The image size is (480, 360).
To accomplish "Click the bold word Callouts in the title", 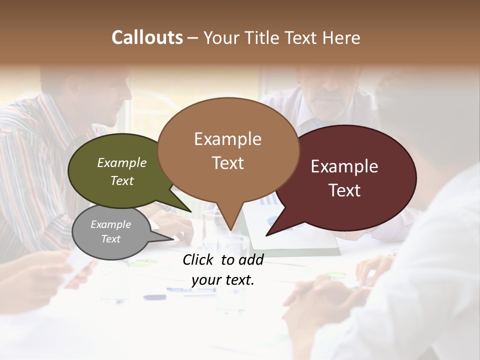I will pos(147,37).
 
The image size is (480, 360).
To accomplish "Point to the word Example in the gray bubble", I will pos(110,224).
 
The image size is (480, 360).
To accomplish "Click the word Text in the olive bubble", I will pos(122,180).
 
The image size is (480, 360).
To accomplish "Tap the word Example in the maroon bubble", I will pos(344,166).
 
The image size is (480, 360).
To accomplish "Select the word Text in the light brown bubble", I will pos(228,163).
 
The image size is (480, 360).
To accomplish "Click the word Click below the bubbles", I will pos(200,259).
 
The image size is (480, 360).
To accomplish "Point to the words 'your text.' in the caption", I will pos(223,280).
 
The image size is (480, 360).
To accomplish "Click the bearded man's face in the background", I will pos(325,95).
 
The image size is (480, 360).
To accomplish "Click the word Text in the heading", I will pos(301,37).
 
